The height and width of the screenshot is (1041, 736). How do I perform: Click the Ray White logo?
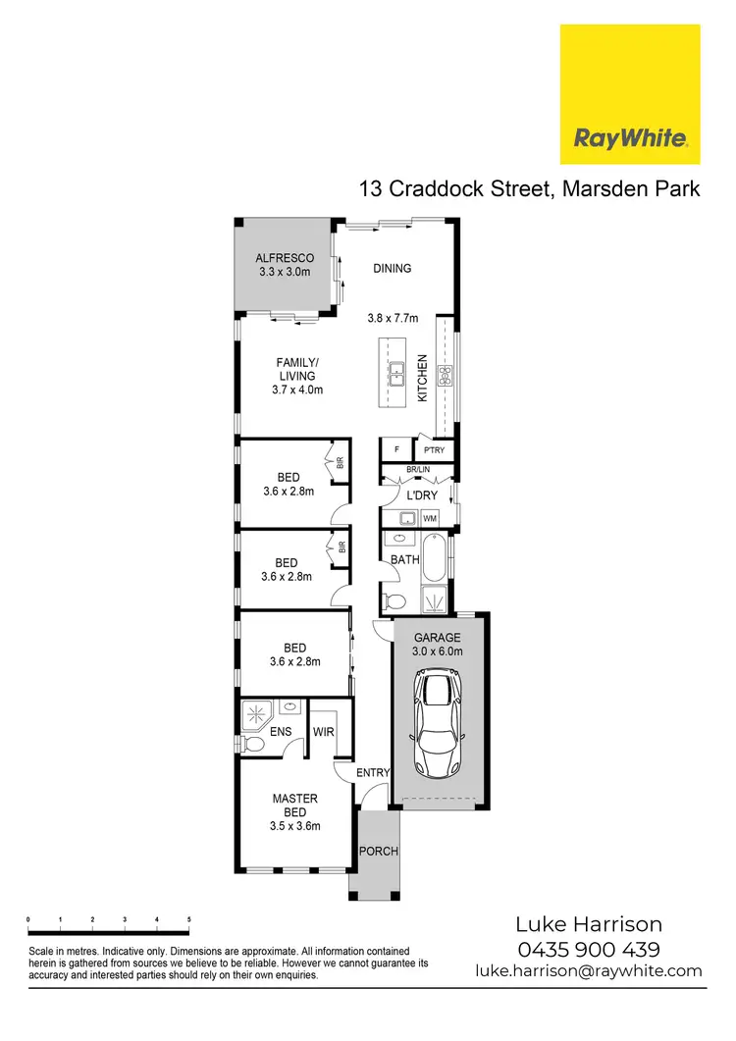click(x=629, y=94)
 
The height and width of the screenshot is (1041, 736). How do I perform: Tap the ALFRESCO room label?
click(x=286, y=258)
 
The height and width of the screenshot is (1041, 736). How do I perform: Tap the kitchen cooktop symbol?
click(x=444, y=374)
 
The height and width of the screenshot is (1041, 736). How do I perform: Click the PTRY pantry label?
click(x=433, y=450)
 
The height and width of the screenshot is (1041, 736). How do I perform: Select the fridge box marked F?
click(x=395, y=450)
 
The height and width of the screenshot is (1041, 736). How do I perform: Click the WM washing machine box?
click(x=430, y=517)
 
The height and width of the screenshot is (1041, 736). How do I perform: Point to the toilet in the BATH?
click(x=396, y=600)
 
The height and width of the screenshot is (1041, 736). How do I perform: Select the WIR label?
click(x=324, y=732)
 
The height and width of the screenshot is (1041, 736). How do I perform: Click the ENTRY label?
click(x=373, y=773)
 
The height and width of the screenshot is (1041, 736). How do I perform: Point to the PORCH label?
click(x=379, y=851)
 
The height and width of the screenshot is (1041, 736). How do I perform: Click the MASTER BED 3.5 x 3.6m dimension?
click(x=295, y=826)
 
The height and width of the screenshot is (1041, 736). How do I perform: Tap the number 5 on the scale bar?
click(x=188, y=920)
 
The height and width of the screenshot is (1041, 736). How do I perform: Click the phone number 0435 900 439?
click(x=589, y=949)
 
